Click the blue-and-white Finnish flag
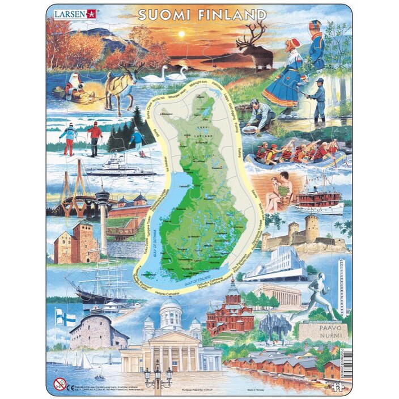65,317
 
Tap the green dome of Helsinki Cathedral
171,309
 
